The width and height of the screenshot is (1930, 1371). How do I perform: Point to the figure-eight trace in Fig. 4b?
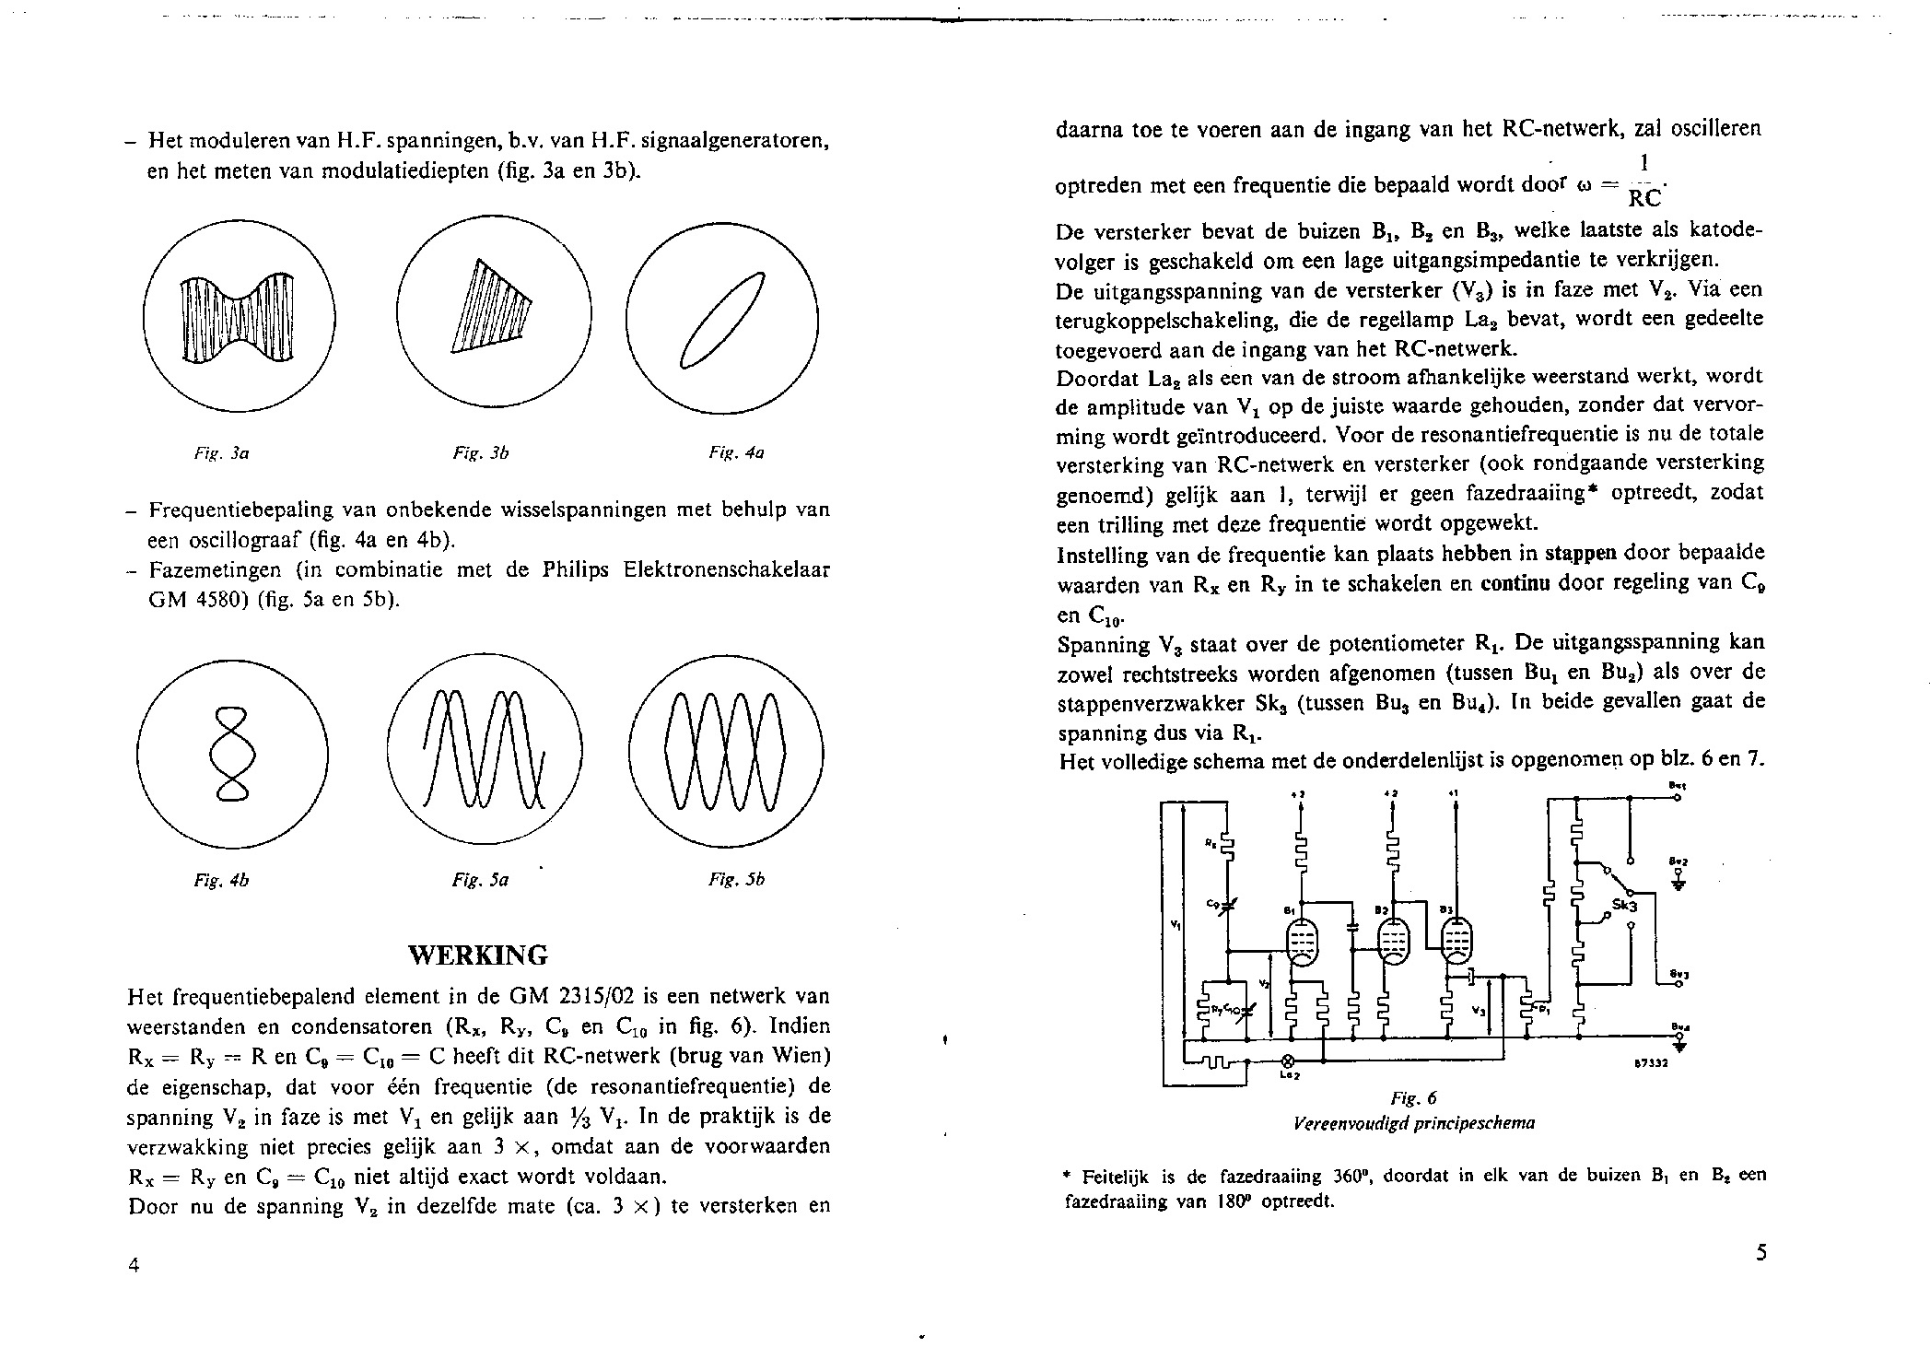[232, 753]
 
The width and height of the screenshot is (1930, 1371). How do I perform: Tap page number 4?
[134, 1265]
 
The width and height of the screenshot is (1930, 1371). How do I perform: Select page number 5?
[1760, 1253]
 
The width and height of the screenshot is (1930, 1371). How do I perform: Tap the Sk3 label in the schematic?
[1626, 906]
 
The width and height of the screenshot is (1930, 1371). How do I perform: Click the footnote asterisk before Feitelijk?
[1067, 1176]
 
